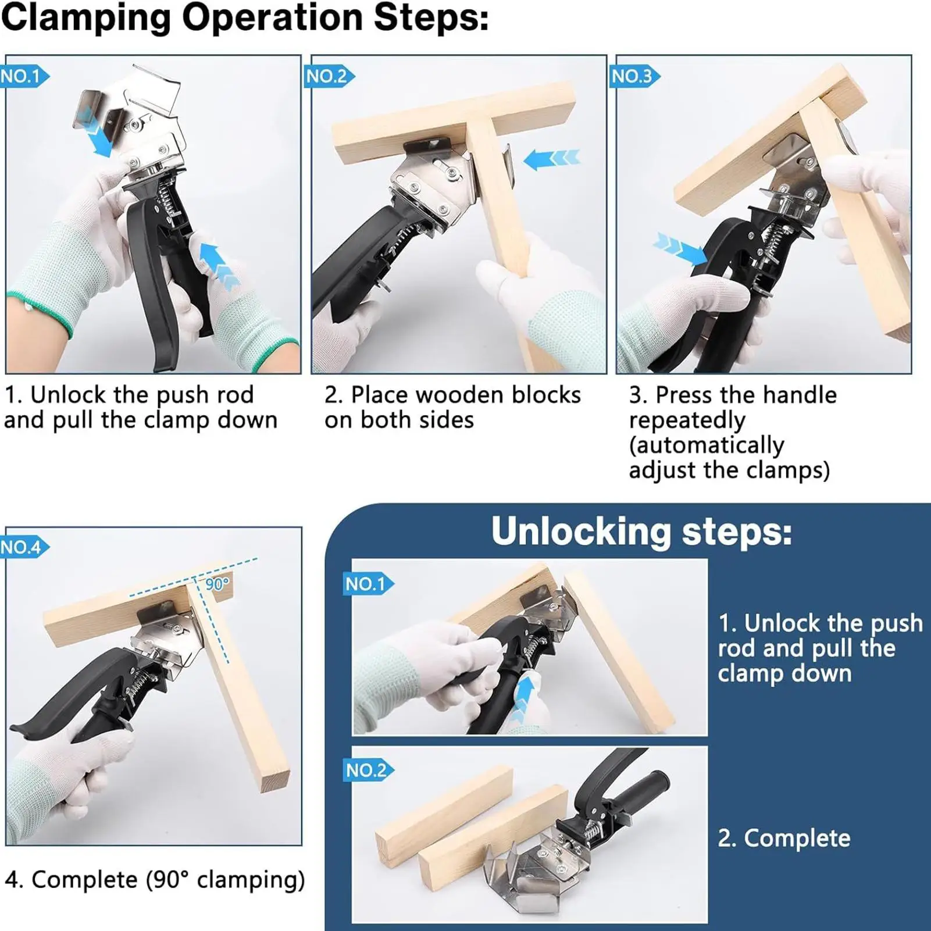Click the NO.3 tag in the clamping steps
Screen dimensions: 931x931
click(633, 76)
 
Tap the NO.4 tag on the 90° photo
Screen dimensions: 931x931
click(22, 547)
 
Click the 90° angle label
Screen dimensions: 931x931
click(217, 584)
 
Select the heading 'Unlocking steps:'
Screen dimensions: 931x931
click(641, 532)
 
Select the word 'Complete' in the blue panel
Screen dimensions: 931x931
click(797, 838)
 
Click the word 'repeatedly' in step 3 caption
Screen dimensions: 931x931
click(687, 420)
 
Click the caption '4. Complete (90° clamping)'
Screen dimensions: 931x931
click(155, 879)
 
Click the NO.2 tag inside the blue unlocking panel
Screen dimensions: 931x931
click(366, 771)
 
